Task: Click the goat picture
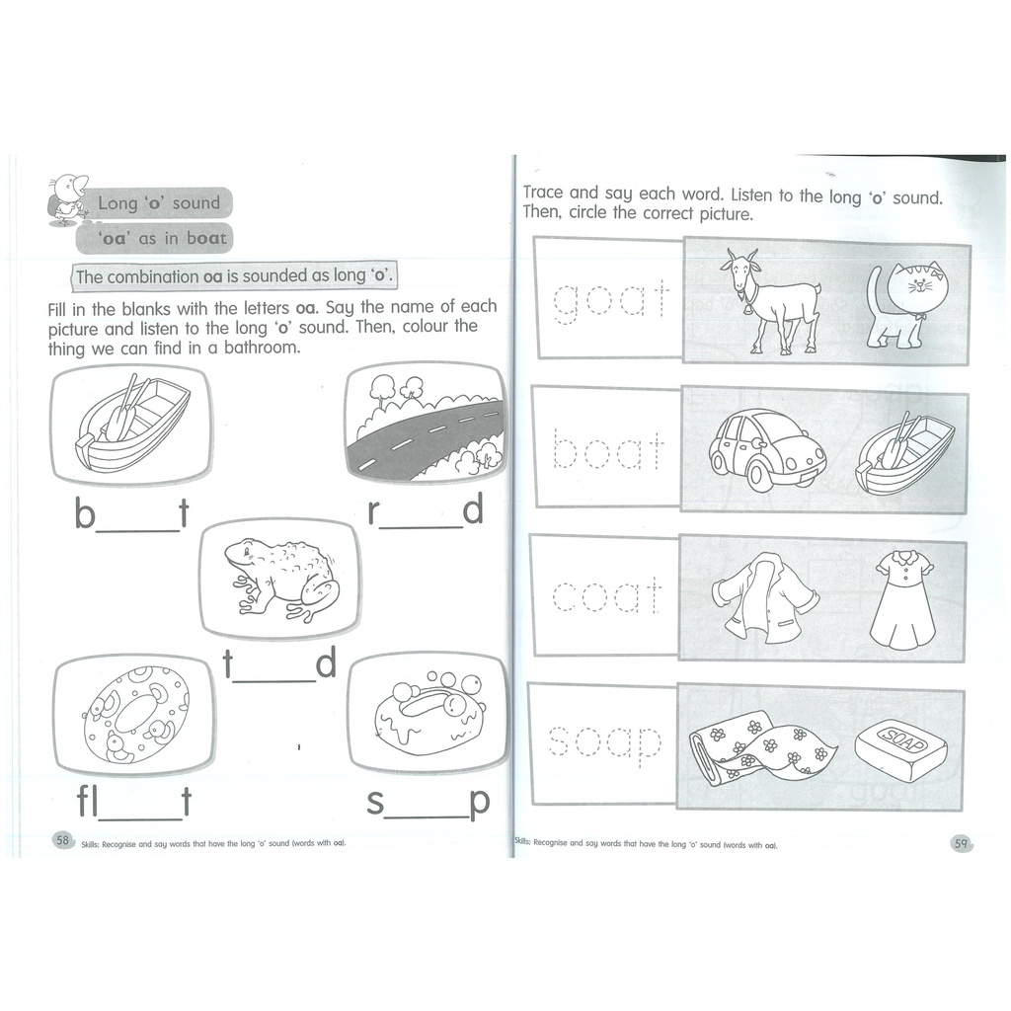pos(770,301)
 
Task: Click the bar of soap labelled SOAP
pos(901,751)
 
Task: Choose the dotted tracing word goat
pos(610,300)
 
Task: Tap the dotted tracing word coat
pos(607,594)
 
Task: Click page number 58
pos(62,840)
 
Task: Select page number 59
pos(961,843)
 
